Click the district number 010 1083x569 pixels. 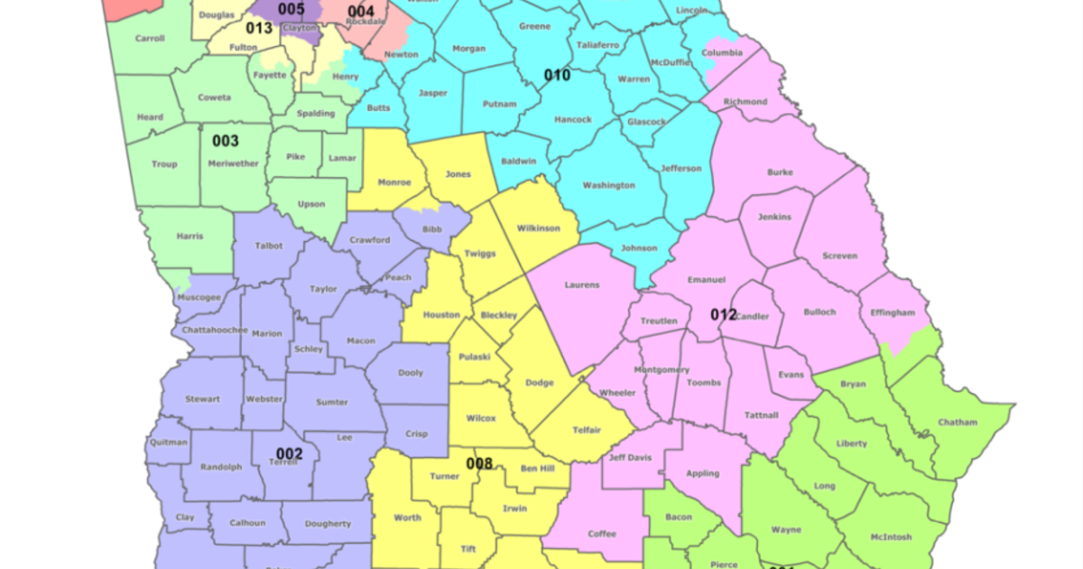[557, 75]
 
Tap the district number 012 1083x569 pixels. [723, 314]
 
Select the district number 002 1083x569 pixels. [289, 453]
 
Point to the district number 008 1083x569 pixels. [479, 464]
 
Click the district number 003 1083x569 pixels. [226, 141]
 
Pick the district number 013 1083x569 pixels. [259, 28]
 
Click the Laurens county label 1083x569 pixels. [582, 284]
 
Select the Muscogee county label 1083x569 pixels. [200, 296]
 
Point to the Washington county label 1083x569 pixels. [608, 185]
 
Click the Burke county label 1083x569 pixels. [780, 171]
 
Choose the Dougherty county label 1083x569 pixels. [328, 524]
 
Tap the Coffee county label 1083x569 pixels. [602, 533]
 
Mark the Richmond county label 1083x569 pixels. [745, 102]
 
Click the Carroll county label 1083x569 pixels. [149, 39]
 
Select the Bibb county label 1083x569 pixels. [433, 230]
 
